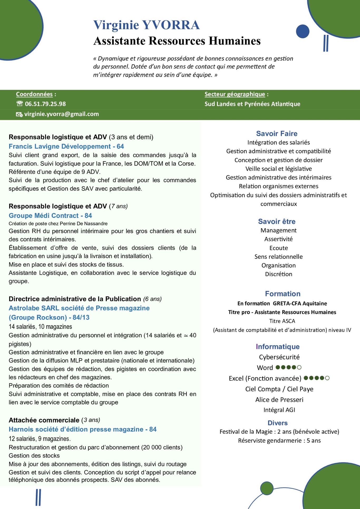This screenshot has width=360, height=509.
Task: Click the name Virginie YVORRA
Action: point(146,25)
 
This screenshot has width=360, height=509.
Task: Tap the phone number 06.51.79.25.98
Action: point(45,104)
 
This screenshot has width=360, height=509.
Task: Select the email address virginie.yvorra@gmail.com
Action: point(61,114)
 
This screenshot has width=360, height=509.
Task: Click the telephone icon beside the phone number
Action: point(20,104)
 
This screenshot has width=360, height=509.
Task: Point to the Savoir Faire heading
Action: point(277,134)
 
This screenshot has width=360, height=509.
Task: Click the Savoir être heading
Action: point(277,221)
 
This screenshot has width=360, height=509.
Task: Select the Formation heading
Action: point(283,293)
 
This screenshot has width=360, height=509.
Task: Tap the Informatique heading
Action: point(278,346)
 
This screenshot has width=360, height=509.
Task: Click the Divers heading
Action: point(278,423)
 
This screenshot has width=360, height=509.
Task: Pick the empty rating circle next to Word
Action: point(299,367)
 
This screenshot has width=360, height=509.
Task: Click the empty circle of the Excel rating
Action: point(327,378)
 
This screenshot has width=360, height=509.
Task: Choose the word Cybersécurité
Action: point(279,357)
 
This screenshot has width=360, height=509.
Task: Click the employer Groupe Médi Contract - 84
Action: point(50,216)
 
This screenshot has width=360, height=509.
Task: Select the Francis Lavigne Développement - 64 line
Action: point(66,146)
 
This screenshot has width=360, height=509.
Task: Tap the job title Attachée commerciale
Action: point(44,420)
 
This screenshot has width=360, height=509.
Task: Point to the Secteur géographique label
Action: point(235,94)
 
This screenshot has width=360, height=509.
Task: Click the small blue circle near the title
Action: point(303,31)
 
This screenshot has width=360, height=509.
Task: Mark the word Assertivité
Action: point(279,239)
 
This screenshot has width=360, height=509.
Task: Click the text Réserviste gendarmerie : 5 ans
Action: point(279,441)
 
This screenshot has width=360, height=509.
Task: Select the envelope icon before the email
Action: point(20,114)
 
